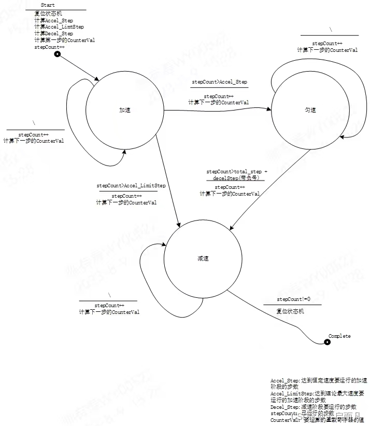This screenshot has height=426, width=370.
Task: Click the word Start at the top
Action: [48, 5]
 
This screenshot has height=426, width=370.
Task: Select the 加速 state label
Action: [124, 110]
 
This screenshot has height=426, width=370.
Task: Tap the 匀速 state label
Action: [310, 110]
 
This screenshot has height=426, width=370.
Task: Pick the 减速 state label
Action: [203, 258]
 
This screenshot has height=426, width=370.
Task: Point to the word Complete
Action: [339, 336]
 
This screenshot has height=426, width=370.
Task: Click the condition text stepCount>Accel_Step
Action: [219, 82]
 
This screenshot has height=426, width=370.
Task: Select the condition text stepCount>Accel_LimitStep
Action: [131, 185]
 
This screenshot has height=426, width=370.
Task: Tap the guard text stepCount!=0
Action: [293, 299]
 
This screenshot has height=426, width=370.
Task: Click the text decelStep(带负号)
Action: [235, 177]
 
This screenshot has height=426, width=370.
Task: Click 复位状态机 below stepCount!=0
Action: [290, 311]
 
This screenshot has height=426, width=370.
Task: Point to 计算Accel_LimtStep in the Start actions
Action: [59, 26]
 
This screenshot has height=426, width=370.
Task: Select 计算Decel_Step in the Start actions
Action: [53, 33]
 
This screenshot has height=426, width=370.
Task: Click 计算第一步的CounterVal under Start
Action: [64, 40]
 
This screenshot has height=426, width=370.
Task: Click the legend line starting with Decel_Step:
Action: [313, 407]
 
